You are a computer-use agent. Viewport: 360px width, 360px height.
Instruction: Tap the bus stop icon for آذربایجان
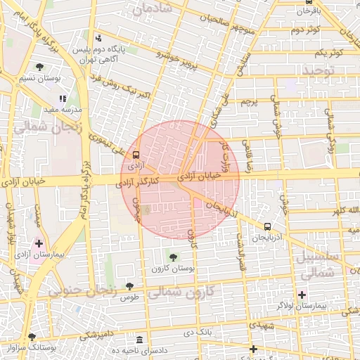(267, 226)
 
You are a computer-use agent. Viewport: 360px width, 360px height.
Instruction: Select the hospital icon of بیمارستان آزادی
(39, 243)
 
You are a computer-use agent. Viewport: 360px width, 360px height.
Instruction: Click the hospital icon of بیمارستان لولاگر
(302, 295)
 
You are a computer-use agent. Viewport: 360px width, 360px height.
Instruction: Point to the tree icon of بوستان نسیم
(39, 67)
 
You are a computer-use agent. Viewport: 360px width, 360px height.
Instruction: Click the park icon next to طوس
(129, 286)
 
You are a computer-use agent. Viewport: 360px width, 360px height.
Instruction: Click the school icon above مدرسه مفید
(63, 99)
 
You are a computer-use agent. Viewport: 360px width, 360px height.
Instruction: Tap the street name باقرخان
(308, 11)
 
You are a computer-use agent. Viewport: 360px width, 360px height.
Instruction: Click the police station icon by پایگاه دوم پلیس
(98, 38)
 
